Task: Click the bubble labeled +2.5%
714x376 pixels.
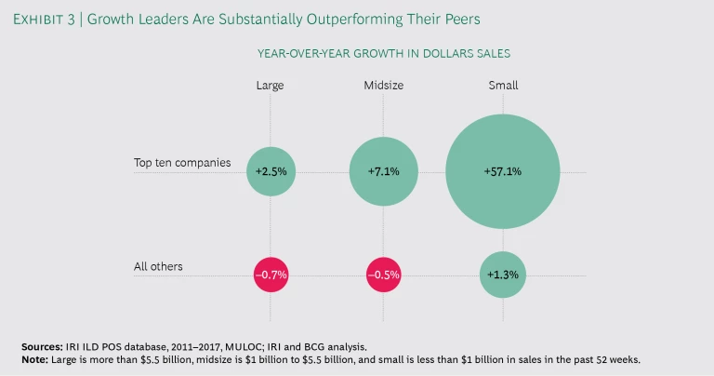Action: (271, 172)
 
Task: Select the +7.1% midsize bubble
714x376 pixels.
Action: (385, 172)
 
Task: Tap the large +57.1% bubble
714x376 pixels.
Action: (502, 172)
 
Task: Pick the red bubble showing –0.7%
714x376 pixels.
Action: (271, 275)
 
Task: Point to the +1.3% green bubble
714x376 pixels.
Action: (502, 275)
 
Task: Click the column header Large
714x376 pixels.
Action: (271, 86)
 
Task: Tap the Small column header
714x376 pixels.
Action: (503, 86)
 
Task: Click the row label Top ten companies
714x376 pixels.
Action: (182, 163)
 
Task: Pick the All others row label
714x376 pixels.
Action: (158, 266)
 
